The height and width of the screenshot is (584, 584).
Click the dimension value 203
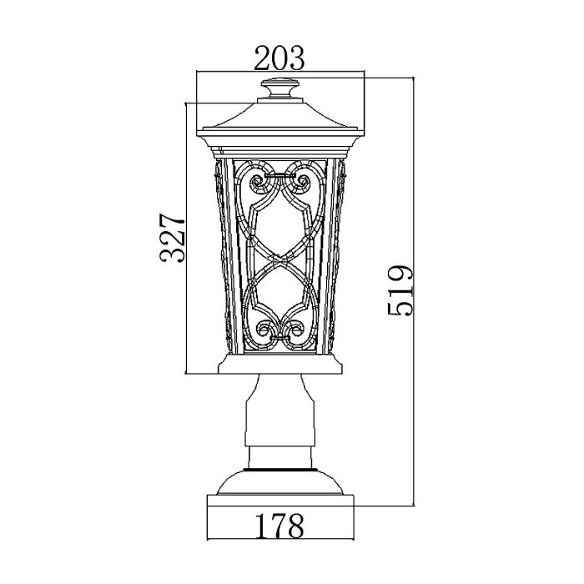pyautogui.click(x=279, y=59)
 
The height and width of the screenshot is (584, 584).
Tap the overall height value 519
pyautogui.click(x=400, y=289)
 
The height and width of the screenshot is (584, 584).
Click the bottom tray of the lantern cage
pyautogui.click(x=280, y=365)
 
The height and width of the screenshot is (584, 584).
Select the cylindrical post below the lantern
pyautogui.click(x=280, y=421)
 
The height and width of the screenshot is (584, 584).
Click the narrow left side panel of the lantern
pyautogui.click(x=220, y=250)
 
